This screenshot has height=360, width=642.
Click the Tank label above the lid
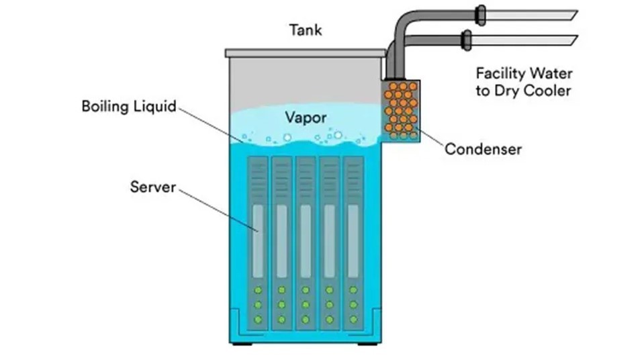(306, 30)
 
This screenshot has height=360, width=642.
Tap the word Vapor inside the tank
(306, 118)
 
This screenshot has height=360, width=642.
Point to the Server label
(152, 186)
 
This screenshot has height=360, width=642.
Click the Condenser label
(483, 148)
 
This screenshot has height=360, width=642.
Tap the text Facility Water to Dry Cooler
(523, 81)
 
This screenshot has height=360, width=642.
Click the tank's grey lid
(306, 52)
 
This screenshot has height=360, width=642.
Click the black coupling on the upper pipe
(481, 15)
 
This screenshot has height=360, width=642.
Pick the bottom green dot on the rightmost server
(353, 320)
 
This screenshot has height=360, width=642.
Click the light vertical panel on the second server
(282, 232)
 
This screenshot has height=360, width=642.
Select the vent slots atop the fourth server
(329, 176)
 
